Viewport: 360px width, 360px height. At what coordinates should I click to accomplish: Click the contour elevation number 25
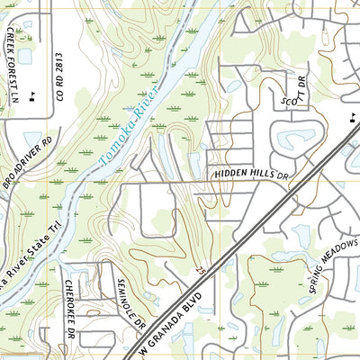pos(200,270)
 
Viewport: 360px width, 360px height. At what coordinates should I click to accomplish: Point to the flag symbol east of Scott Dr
pos(351,118)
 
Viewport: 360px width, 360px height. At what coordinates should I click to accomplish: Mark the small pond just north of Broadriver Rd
pos(34,140)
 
